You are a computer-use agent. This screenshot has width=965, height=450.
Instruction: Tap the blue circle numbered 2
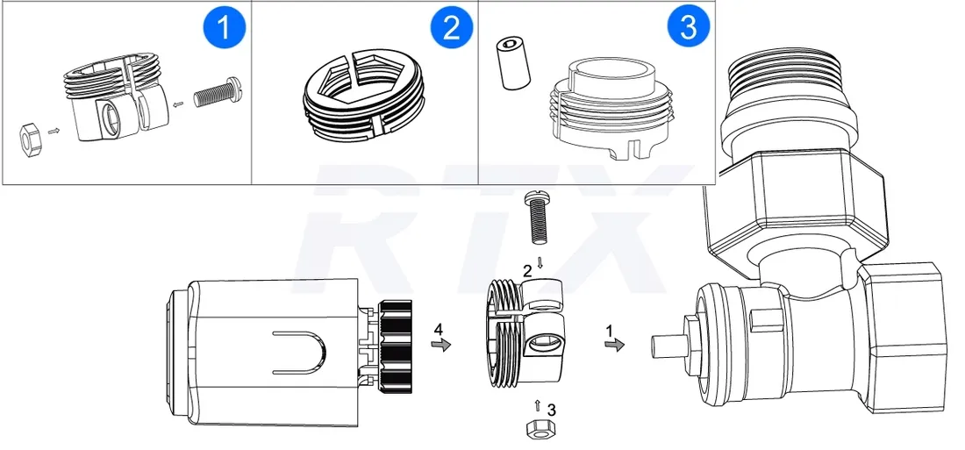451,28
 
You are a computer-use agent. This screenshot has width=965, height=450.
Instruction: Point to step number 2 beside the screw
527,271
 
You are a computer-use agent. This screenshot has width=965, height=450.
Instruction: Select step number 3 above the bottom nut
550,409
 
